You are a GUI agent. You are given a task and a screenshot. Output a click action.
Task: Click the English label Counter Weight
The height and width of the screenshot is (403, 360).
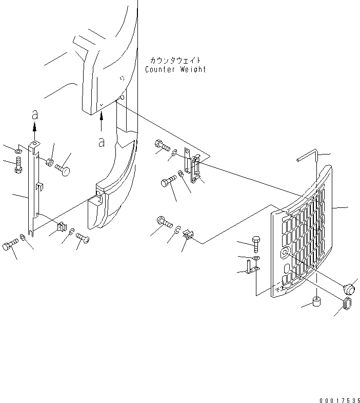[175, 69]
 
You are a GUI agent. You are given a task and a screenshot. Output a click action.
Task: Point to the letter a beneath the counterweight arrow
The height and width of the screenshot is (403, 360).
[102, 142]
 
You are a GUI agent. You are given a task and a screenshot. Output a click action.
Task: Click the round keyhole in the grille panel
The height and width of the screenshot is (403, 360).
[286, 252]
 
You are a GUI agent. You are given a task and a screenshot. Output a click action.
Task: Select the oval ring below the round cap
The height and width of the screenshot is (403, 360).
[347, 304]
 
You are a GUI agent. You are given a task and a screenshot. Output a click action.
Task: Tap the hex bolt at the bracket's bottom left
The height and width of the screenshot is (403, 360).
[9, 246]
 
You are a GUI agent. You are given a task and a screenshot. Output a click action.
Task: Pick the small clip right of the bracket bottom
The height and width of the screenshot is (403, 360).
[61, 226]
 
